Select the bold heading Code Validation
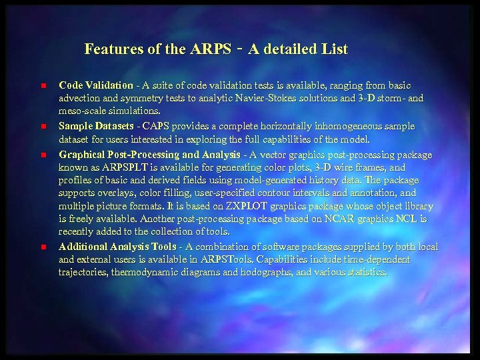96,85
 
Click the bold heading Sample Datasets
97,126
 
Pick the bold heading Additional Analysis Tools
118,247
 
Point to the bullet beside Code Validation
41,86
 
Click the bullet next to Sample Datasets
41,126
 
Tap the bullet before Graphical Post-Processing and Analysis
41,154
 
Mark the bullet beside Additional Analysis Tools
41,247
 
